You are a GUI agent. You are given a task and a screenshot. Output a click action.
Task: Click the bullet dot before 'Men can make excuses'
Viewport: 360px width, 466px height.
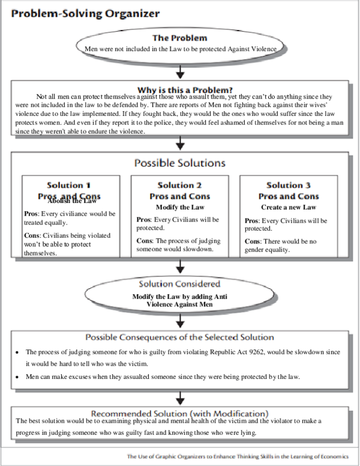19,377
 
